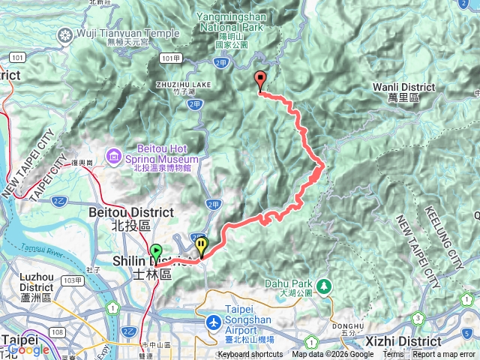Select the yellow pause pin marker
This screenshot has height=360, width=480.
[202, 245]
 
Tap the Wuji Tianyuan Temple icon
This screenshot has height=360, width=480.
[67, 34]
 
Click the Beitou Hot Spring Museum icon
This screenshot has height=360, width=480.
[114, 155]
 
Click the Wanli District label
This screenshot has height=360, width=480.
[403, 92]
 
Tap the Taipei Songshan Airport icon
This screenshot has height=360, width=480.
[214, 322]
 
